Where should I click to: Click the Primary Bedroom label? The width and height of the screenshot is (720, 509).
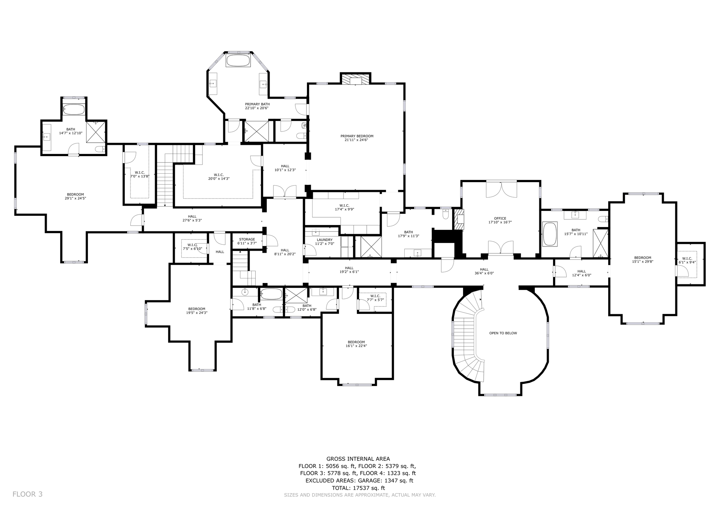(x=357, y=138)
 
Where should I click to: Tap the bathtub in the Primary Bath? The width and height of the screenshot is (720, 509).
(x=238, y=60)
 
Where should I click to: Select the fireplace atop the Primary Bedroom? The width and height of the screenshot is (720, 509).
(x=355, y=79)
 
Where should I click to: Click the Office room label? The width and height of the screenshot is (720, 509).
(x=500, y=220)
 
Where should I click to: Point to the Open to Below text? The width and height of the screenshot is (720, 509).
(x=503, y=333)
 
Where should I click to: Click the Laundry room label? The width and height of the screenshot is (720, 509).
(x=324, y=242)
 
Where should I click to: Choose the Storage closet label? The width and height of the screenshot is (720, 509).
(x=247, y=241)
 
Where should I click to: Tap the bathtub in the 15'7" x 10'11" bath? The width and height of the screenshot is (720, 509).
(x=549, y=234)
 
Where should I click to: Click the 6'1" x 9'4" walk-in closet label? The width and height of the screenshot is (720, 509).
(x=687, y=260)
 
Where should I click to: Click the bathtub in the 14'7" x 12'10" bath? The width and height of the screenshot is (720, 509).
(x=73, y=109)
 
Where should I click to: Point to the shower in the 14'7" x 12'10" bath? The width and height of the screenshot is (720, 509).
(x=96, y=132)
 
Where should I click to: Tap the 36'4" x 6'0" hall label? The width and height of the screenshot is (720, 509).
(x=484, y=271)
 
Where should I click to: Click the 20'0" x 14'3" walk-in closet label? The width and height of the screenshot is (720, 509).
(x=219, y=177)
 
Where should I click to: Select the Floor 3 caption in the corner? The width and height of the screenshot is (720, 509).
(x=27, y=494)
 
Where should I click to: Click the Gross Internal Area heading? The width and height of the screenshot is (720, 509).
(x=358, y=459)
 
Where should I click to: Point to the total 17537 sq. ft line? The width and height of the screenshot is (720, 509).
(x=358, y=488)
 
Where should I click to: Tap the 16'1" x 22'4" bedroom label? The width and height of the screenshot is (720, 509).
(x=356, y=344)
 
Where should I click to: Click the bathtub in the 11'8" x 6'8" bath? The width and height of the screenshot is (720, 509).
(x=271, y=294)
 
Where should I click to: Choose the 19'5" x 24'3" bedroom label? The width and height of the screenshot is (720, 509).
(x=197, y=311)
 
